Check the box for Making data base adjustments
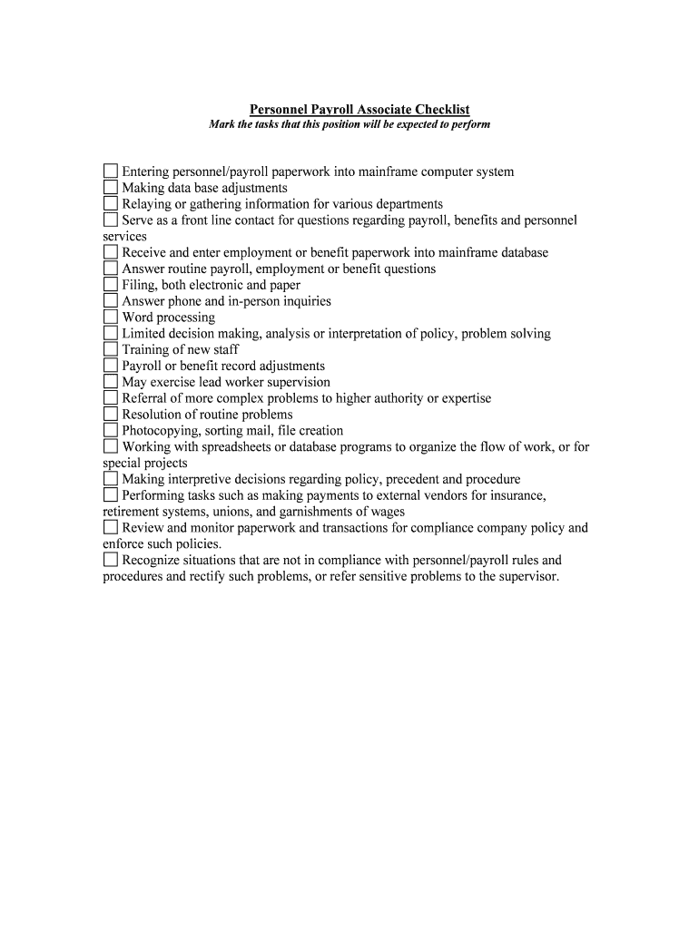tap(111, 188)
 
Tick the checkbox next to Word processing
tap(111, 318)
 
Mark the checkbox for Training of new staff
tap(111, 349)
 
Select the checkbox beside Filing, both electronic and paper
tap(111, 285)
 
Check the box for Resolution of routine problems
tap(111, 415)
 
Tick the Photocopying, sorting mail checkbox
tap(111, 431)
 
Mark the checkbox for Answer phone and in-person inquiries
tap(111, 301)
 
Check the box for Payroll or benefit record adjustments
tap(111, 366)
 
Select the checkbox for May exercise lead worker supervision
tap(111, 382)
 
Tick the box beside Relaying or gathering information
tap(111, 204)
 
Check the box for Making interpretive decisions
tap(111, 479)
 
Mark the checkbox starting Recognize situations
tap(111, 560)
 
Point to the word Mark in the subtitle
tap(222, 124)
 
